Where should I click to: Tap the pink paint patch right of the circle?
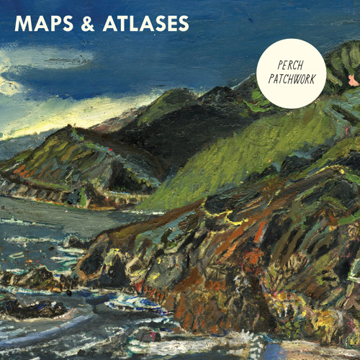coord(352,79)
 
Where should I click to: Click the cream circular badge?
coord(291,73)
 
